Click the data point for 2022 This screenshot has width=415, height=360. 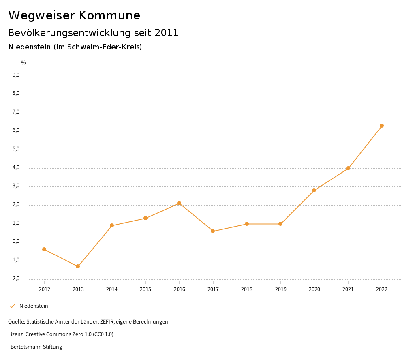(x=382, y=126)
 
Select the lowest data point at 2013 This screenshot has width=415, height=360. (x=78, y=266)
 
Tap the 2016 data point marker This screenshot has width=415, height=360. (x=179, y=203)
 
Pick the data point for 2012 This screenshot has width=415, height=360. (x=44, y=249)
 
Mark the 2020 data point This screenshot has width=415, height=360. (x=314, y=190)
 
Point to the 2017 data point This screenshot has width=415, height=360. (x=213, y=231)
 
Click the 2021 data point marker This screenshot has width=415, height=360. (x=348, y=168)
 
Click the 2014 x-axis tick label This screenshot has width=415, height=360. (x=112, y=289)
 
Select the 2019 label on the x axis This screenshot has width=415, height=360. (x=280, y=289)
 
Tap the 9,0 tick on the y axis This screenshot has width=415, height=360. (x=16, y=75)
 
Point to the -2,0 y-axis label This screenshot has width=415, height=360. (x=15, y=279)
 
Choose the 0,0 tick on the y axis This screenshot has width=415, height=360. (x=16, y=242)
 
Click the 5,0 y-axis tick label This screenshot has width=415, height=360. (x=16, y=149)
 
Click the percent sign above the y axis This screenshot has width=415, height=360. (x=24, y=63)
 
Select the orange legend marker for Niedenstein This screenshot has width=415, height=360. (x=12, y=306)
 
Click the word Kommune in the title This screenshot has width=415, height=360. (x=109, y=15)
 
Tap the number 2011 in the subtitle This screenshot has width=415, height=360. (x=167, y=33)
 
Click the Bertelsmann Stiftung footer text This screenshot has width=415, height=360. (x=36, y=347)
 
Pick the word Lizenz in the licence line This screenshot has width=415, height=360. (x=16, y=334)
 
